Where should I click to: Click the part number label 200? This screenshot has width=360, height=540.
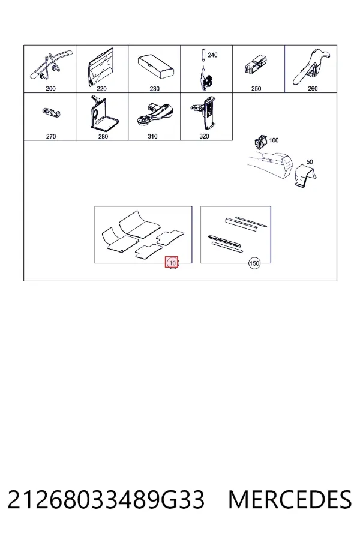point(50,89)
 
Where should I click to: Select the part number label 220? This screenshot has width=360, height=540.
point(101,89)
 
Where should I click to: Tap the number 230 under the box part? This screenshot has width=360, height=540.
point(154,89)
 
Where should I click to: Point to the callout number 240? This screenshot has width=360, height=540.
point(212,55)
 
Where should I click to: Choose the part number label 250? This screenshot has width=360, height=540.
point(256,89)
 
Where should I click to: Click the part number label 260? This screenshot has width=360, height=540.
point(313,89)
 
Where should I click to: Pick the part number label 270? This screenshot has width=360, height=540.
point(50,136)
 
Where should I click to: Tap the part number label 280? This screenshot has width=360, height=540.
point(103,136)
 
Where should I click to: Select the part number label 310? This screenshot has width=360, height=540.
point(152,136)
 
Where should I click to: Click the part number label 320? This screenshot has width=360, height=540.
point(204,136)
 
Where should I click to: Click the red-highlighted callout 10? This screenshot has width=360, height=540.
point(172,263)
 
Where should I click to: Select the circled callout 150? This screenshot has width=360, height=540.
point(254,263)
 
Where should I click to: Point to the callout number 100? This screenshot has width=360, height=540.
point(274,140)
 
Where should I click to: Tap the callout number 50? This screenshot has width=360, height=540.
point(310,161)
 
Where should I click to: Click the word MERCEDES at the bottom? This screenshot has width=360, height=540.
point(290,500)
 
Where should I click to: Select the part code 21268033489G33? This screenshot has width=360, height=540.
point(106,500)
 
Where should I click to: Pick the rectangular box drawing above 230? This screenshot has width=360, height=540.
point(156,66)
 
